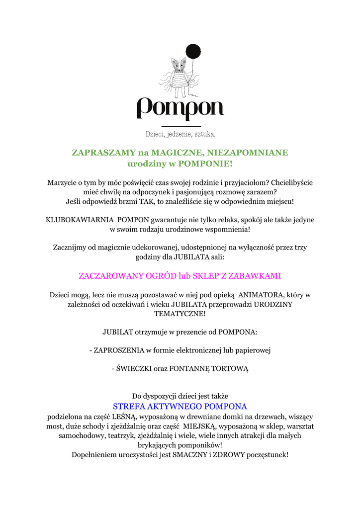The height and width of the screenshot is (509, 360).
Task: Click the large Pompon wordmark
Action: [180, 108]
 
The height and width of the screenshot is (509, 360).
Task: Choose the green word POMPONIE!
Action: [205, 163]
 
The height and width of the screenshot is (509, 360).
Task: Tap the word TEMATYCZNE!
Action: [180, 314]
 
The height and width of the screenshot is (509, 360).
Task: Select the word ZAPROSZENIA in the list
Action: [119, 350]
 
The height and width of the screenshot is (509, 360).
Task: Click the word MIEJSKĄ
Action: [199, 426]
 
